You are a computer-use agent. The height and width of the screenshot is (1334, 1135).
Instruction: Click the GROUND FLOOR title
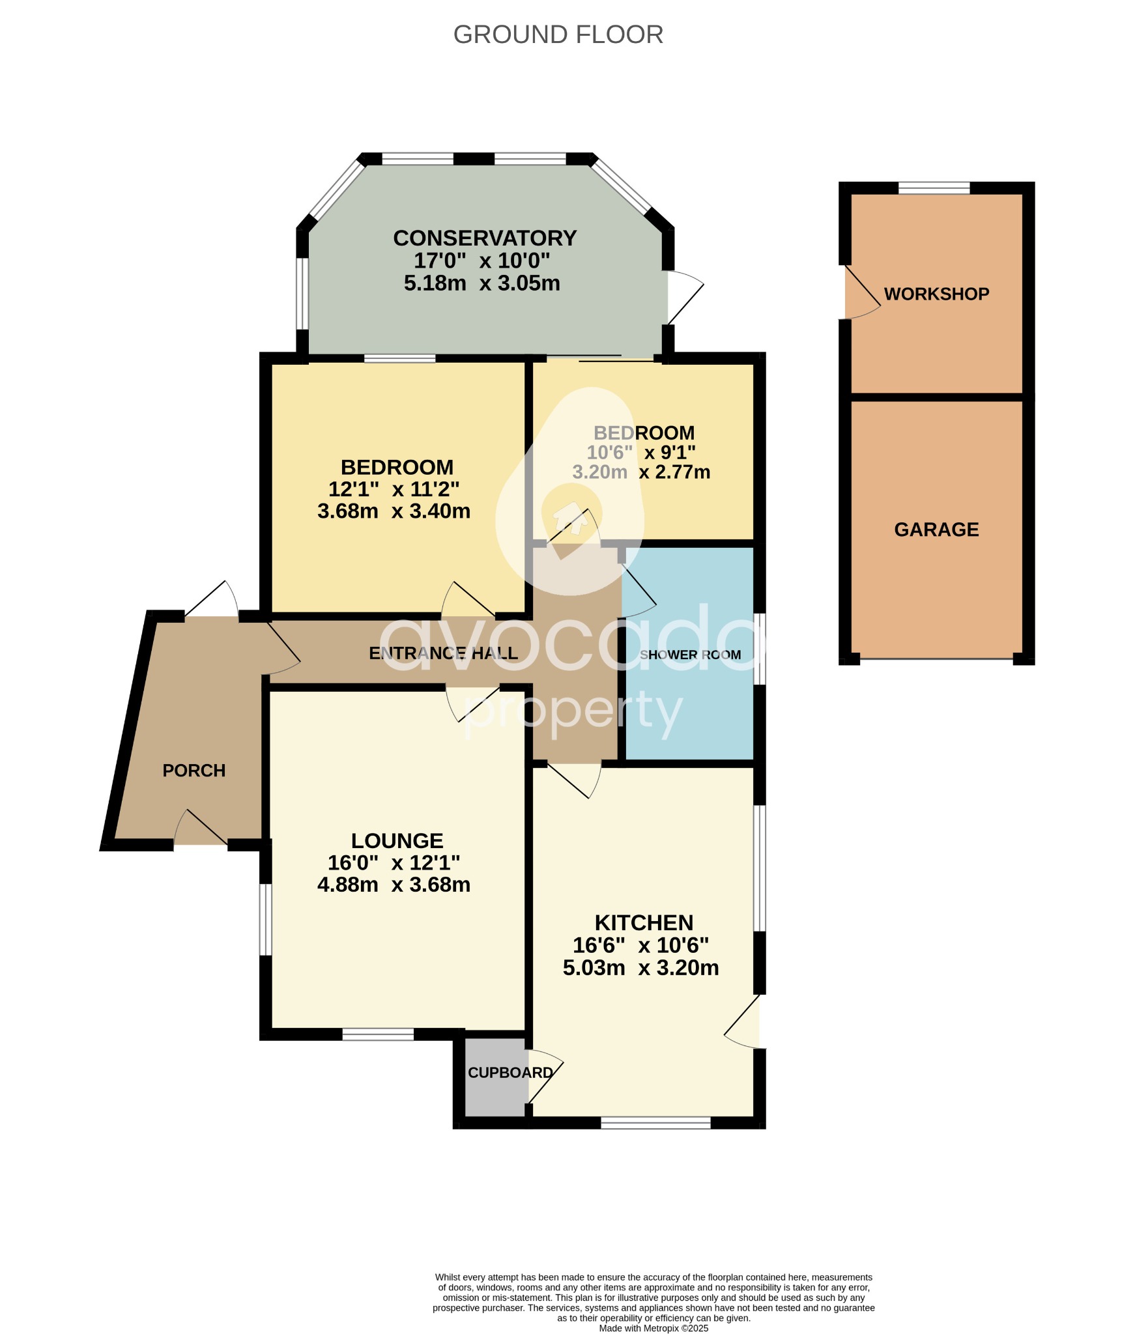pyautogui.click(x=558, y=35)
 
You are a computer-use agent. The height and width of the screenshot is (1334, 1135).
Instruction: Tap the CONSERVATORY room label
pyautogui.click(x=484, y=238)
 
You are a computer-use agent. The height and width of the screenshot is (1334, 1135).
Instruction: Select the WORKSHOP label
pyautogui.click(x=936, y=294)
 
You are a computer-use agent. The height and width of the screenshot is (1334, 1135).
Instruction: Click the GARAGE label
pyautogui.click(x=936, y=530)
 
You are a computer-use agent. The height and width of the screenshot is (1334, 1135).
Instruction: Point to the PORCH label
pyautogui.click(x=194, y=771)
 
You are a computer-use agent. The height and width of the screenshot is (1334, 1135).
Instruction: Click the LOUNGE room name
pyautogui.click(x=397, y=841)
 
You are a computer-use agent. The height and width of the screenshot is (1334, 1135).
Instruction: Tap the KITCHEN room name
pyautogui.click(x=644, y=923)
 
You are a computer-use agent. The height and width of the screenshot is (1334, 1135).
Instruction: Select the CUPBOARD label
pyautogui.click(x=510, y=1073)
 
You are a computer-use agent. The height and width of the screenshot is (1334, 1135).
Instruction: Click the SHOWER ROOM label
pyautogui.click(x=690, y=655)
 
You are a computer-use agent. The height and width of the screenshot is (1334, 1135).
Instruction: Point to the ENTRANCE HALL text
pyautogui.click(x=443, y=653)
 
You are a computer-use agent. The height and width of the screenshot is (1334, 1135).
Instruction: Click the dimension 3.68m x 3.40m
pyautogui.click(x=394, y=511)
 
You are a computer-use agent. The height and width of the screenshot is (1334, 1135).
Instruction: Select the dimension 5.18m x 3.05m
pyautogui.click(x=481, y=283)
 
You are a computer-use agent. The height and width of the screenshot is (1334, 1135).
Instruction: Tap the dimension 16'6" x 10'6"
pyautogui.click(x=640, y=945)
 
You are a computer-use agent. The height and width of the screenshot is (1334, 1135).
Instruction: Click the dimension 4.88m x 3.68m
pyautogui.click(x=394, y=885)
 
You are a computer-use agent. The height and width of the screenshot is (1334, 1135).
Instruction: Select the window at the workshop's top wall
pyautogui.click(x=934, y=188)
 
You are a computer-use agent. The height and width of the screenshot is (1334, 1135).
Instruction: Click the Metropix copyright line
pyautogui.click(x=654, y=1328)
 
